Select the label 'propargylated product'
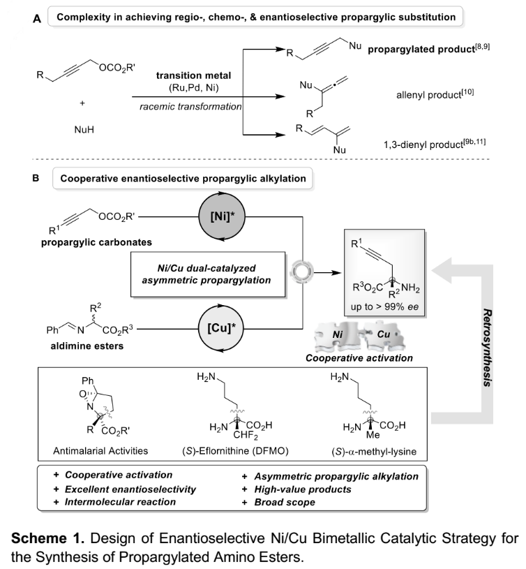click(x=421, y=50)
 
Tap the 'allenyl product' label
click(x=429, y=95)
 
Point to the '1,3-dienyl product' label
click(x=423, y=145)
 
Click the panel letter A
click(x=37, y=19)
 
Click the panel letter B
click(x=36, y=178)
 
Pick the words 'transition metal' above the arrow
click(x=193, y=75)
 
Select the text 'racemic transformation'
click(x=190, y=107)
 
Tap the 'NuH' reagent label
click(x=84, y=130)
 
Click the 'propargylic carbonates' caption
click(x=96, y=242)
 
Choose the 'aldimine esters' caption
click(x=87, y=346)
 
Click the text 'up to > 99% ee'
click(x=384, y=307)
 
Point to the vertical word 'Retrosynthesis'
click(x=487, y=348)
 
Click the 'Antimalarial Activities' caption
click(x=100, y=451)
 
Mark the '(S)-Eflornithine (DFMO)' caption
click(x=235, y=451)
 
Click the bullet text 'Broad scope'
click(x=285, y=502)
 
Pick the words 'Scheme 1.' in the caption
click(x=47, y=538)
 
